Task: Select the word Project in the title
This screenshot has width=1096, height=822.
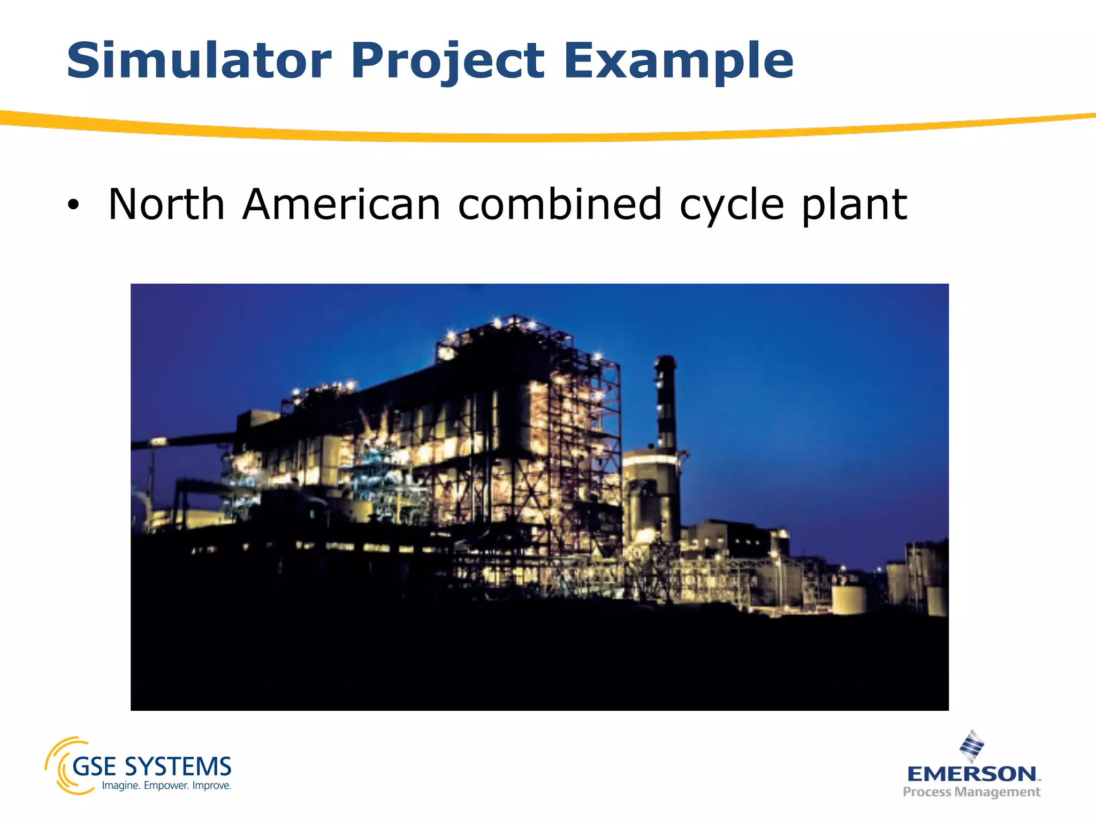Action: [447, 62]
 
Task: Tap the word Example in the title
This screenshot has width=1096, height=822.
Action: [678, 62]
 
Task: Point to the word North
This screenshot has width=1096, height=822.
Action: [166, 204]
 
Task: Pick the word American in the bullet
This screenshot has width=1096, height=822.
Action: [341, 204]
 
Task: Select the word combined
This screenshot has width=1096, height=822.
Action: [560, 204]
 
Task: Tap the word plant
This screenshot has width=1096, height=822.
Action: [854, 205]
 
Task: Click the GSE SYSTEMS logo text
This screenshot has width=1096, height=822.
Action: [152, 767]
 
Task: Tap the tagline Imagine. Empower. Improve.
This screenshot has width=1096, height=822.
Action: [166, 786]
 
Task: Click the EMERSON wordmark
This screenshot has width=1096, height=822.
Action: [971, 774]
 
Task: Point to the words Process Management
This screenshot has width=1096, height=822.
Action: [971, 791]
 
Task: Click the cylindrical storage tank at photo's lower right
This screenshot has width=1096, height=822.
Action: [849, 599]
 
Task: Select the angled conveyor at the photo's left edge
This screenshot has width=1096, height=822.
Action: [182, 440]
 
